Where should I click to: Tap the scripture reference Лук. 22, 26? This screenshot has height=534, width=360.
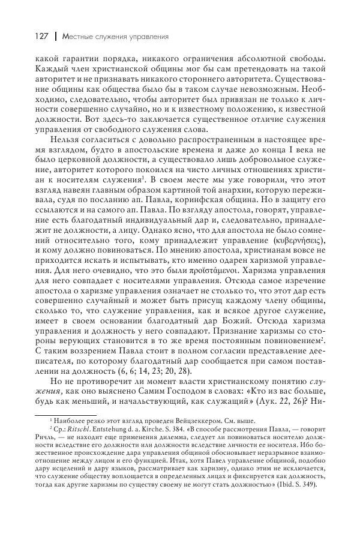(297, 400)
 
